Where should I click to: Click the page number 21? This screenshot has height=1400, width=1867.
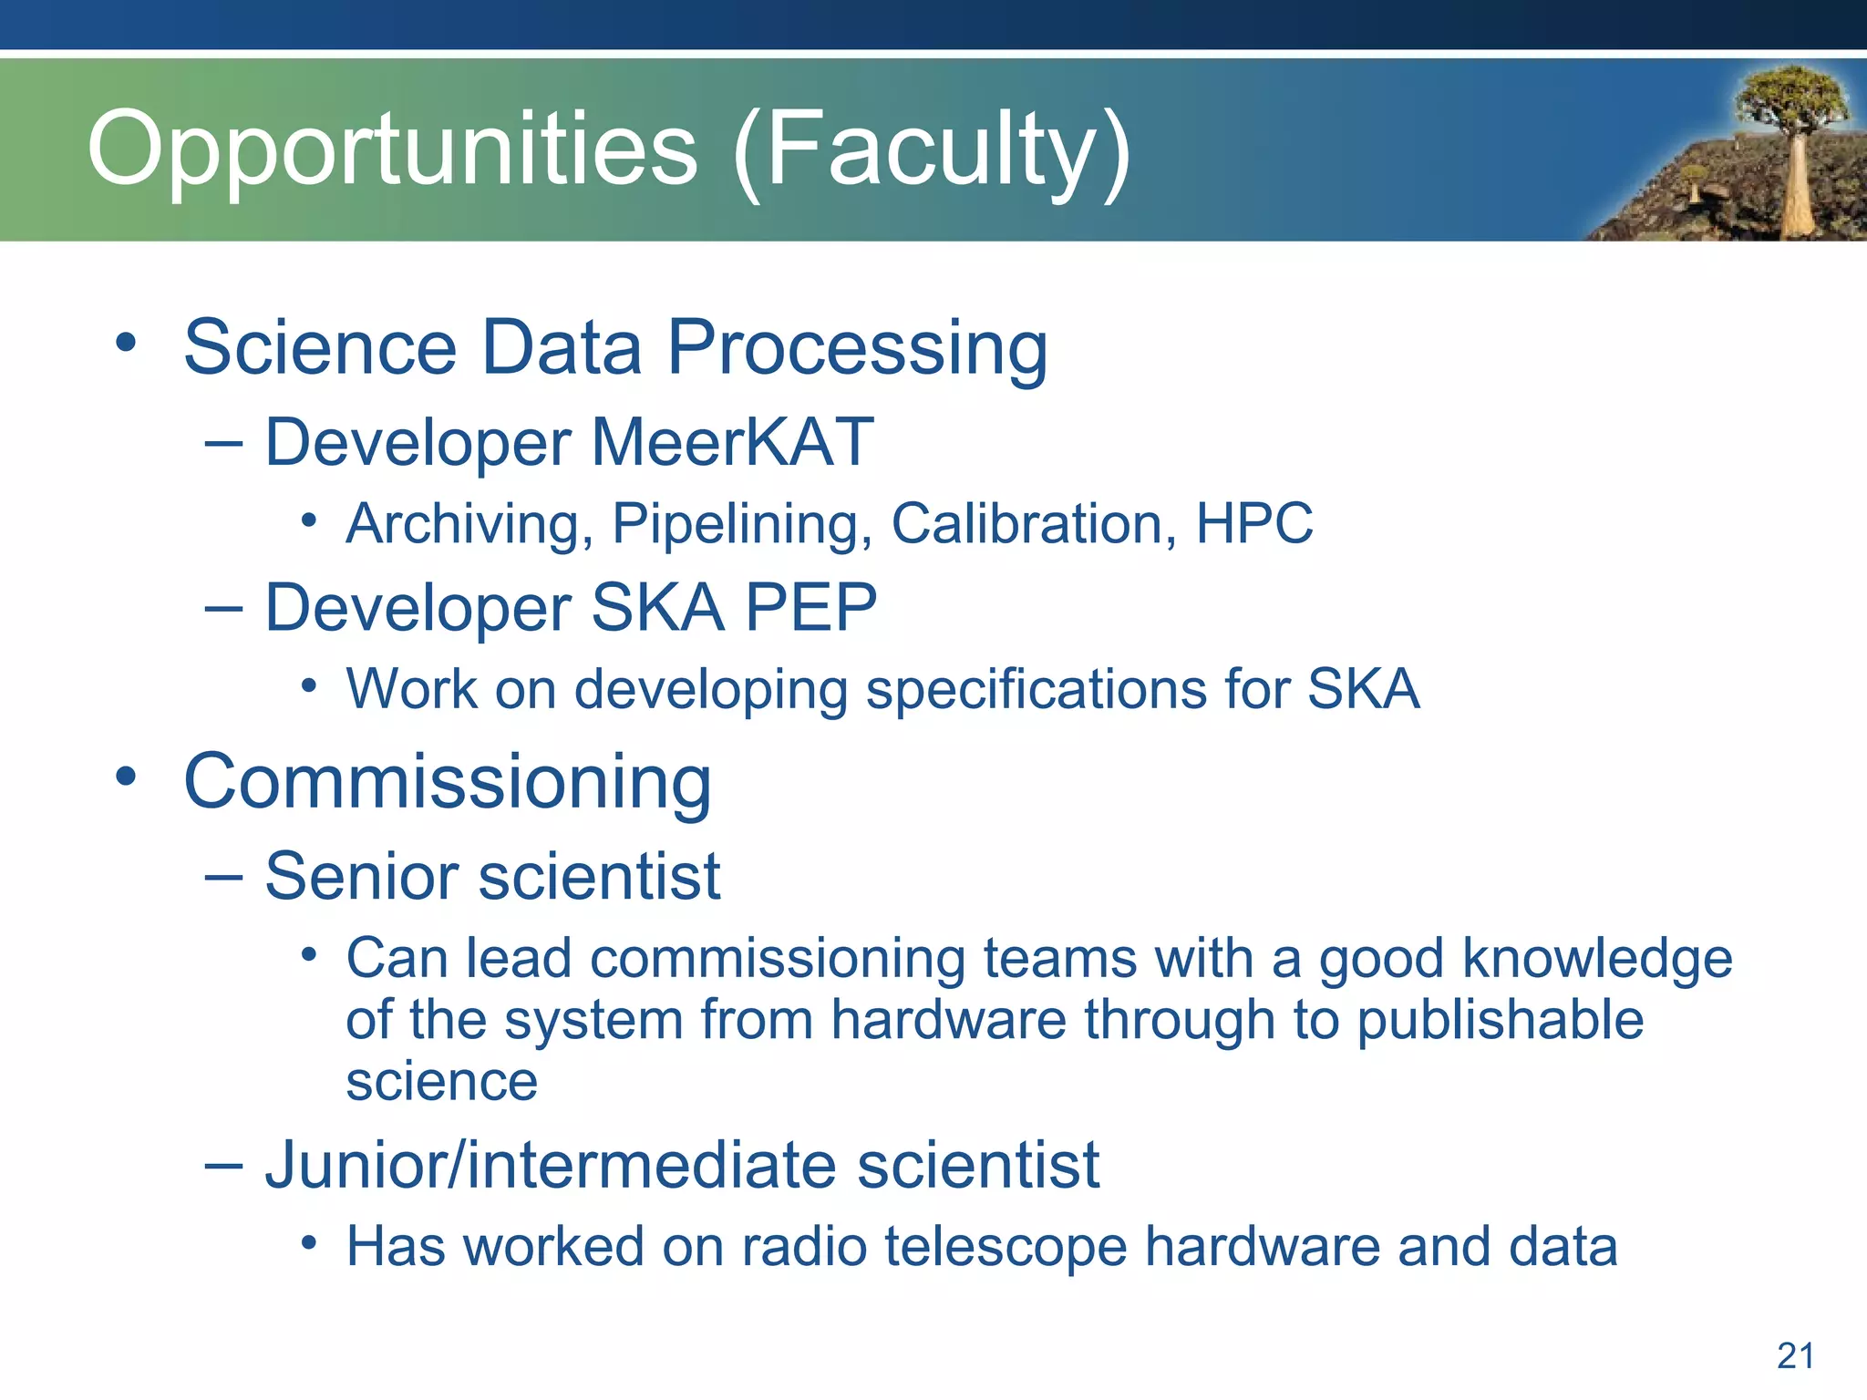pyautogui.click(x=1795, y=1356)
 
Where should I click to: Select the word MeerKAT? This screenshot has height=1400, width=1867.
pyautogui.click(x=733, y=443)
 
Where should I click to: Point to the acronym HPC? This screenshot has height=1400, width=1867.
pyautogui.click(x=1253, y=524)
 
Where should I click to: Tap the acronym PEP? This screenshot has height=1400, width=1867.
pyautogui.click(x=810, y=608)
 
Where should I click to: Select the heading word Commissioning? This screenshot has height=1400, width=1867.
pyautogui.click(x=448, y=782)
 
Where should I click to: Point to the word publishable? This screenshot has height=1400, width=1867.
pyautogui.click(x=1500, y=1020)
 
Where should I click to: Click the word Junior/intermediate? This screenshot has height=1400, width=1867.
pyautogui.click(x=550, y=1166)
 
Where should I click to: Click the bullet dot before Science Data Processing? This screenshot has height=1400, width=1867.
pyautogui.click(x=126, y=345)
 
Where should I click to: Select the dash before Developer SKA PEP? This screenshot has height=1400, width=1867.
pyautogui.click(x=223, y=608)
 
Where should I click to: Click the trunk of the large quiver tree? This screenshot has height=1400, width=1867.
pyautogui.click(x=1796, y=182)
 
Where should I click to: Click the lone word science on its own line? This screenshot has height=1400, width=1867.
pyautogui.click(x=441, y=1082)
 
